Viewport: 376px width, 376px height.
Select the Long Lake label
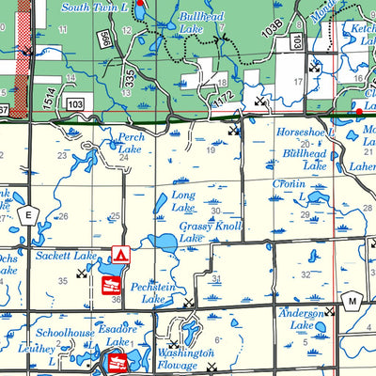point(182,200)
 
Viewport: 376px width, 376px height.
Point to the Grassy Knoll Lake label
point(210,232)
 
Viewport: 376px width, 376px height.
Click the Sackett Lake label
point(66,255)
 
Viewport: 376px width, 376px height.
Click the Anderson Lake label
point(301,319)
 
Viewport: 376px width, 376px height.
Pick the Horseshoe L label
point(301,133)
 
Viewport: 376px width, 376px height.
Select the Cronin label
point(290,184)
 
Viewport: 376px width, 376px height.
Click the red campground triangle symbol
point(119,255)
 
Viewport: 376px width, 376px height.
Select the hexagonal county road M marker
point(352,300)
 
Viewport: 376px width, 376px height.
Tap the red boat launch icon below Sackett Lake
point(108,284)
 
